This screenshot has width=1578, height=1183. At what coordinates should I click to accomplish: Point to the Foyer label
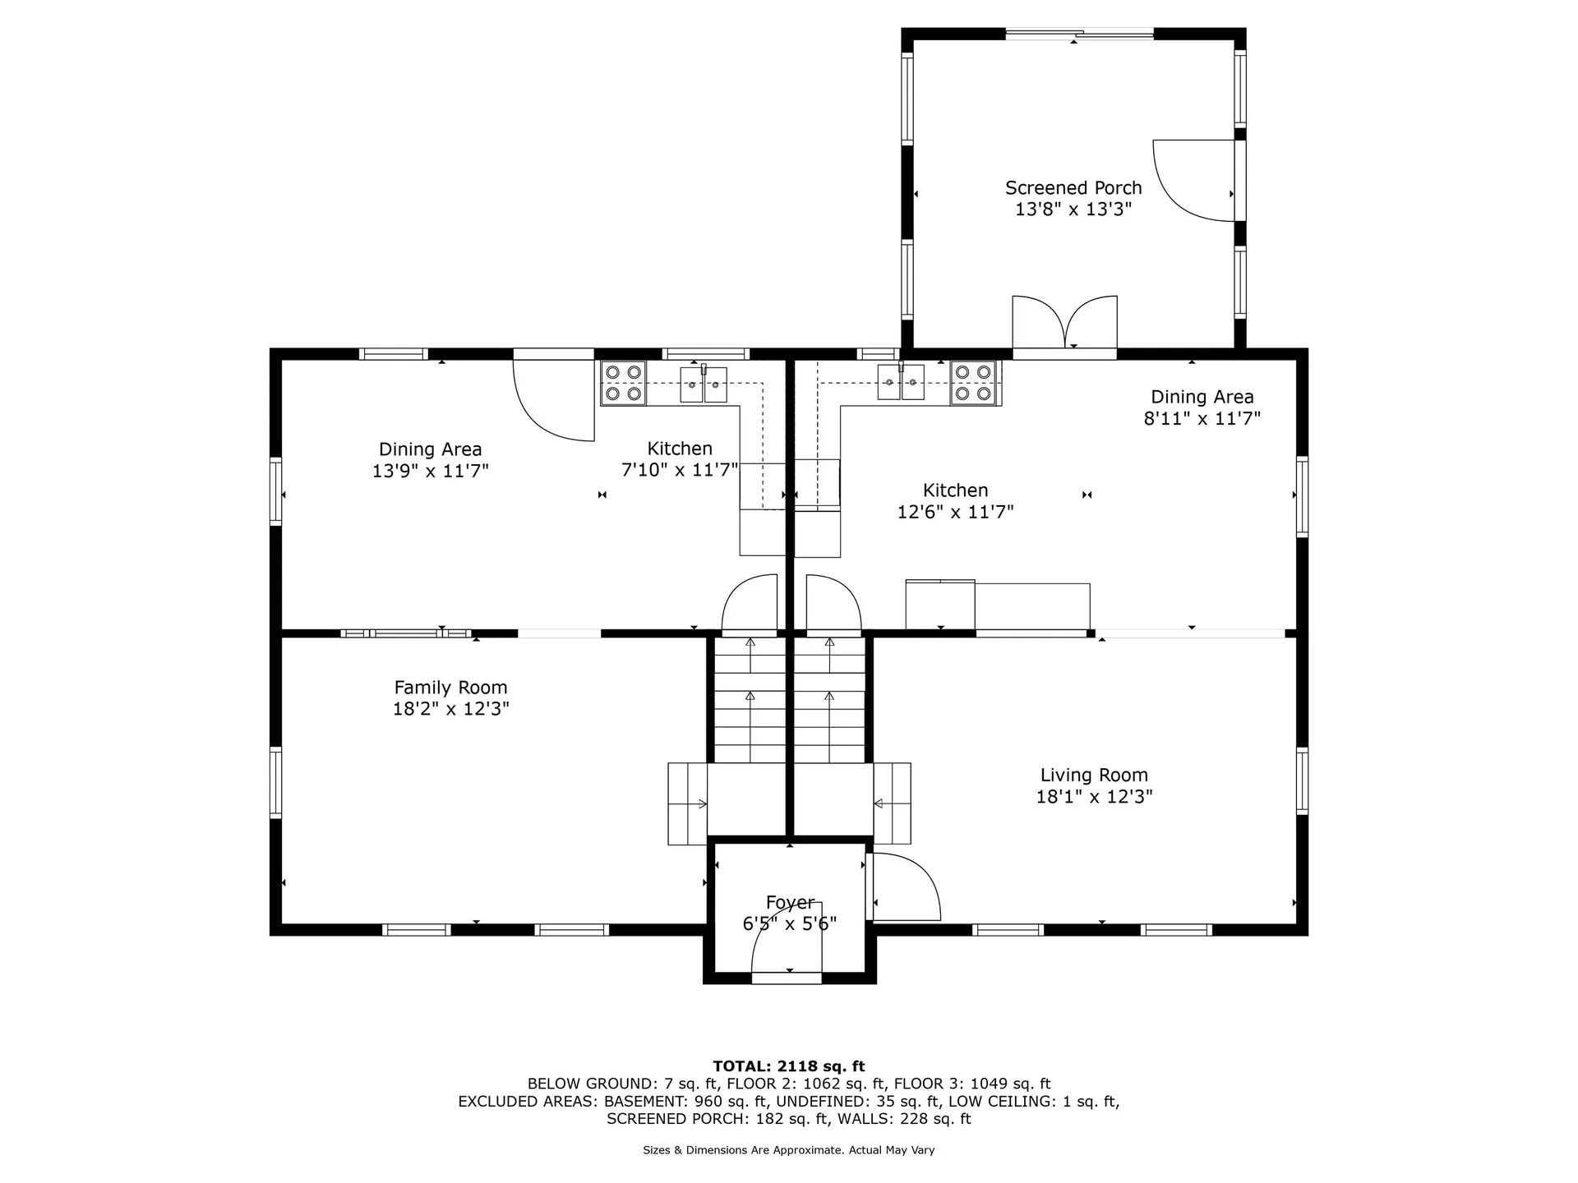click(x=790, y=902)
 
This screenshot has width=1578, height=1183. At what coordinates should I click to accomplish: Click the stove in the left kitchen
click(x=623, y=384)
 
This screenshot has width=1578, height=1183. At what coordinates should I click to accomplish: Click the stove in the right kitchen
click(x=974, y=384)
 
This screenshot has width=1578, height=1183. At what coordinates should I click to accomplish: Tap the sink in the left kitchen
click(x=704, y=384)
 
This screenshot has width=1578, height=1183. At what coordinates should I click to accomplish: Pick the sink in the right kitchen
click(x=901, y=383)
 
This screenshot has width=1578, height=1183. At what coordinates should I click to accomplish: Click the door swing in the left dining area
click(x=553, y=396)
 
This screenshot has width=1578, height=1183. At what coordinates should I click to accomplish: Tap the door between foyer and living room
click(x=903, y=887)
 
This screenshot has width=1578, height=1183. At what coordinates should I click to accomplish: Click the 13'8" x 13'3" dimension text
click(x=1073, y=209)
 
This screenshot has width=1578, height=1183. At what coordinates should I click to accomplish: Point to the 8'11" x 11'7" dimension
click(x=1202, y=418)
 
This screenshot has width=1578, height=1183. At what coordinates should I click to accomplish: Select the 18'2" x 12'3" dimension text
click(x=450, y=709)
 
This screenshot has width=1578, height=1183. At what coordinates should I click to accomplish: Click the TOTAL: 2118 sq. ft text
click(x=789, y=1066)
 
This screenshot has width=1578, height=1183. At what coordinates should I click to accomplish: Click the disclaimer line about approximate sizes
click(x=789, y=1150)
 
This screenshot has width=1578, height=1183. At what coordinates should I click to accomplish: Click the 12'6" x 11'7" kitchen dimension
click(x=955, y=512)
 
